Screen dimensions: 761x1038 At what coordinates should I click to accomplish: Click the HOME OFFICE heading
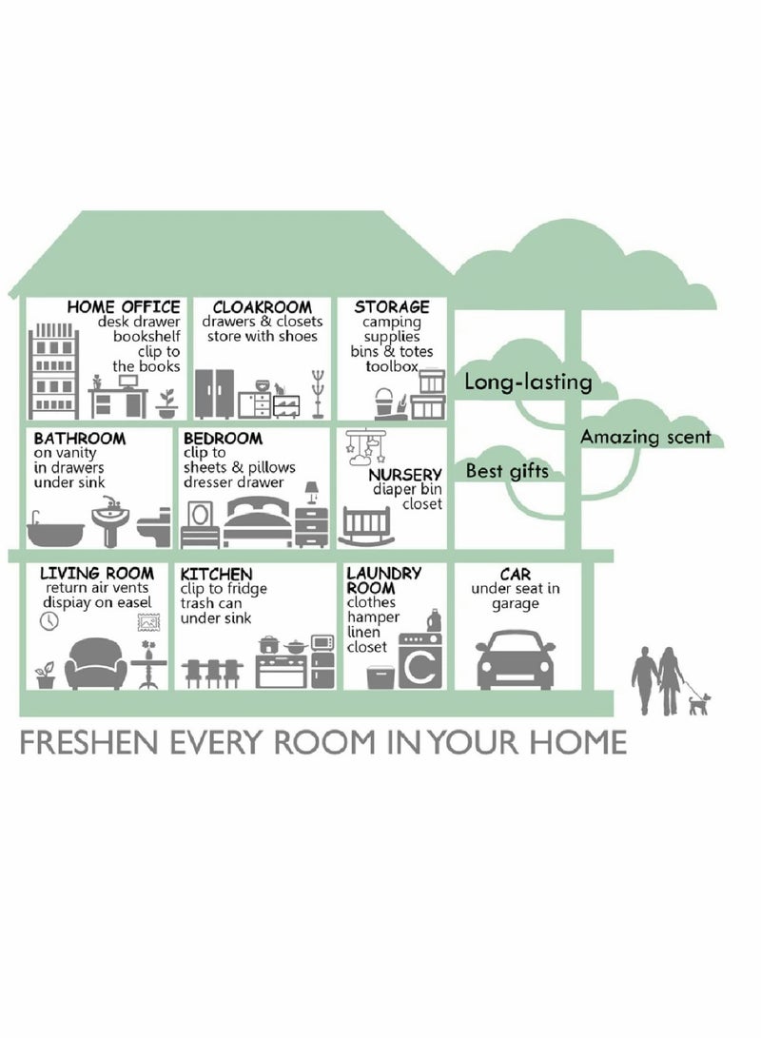pos(124,306)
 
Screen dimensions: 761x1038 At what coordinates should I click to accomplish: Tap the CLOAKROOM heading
pos(262,306)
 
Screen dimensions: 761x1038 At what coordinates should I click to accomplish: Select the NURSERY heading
pos(405,475)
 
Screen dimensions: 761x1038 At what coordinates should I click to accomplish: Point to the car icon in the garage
pos(516,659)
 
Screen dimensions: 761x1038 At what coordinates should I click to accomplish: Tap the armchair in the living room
pos(96,663)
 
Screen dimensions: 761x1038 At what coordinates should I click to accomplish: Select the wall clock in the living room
pos(49,620)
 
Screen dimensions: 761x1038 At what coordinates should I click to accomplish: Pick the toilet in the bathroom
pos(153,528)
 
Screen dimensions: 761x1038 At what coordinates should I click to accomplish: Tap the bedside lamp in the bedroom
pos(312,493)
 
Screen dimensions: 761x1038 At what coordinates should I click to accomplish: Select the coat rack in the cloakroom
pos(319,394)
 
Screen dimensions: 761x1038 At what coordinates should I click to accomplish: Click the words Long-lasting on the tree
pos(528,382)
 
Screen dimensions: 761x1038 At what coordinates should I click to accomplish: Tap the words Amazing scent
pos(646,437)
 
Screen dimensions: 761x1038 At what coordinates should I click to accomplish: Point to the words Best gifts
pos(508,471)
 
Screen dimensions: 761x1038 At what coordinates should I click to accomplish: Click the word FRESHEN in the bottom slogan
pos(88,743)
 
